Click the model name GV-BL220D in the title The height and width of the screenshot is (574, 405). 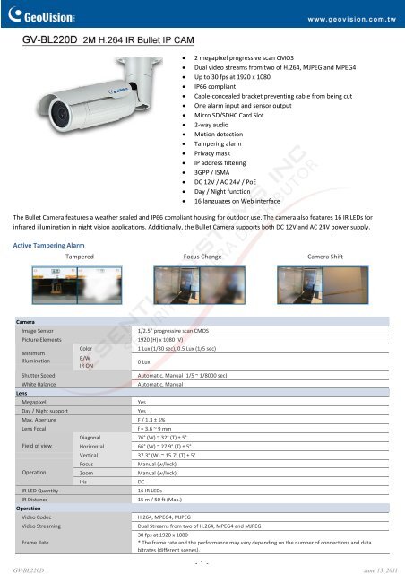pyautogui.click(x=49, y=40)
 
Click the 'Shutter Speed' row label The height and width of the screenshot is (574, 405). pyautogui.click(x=43, y=376)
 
